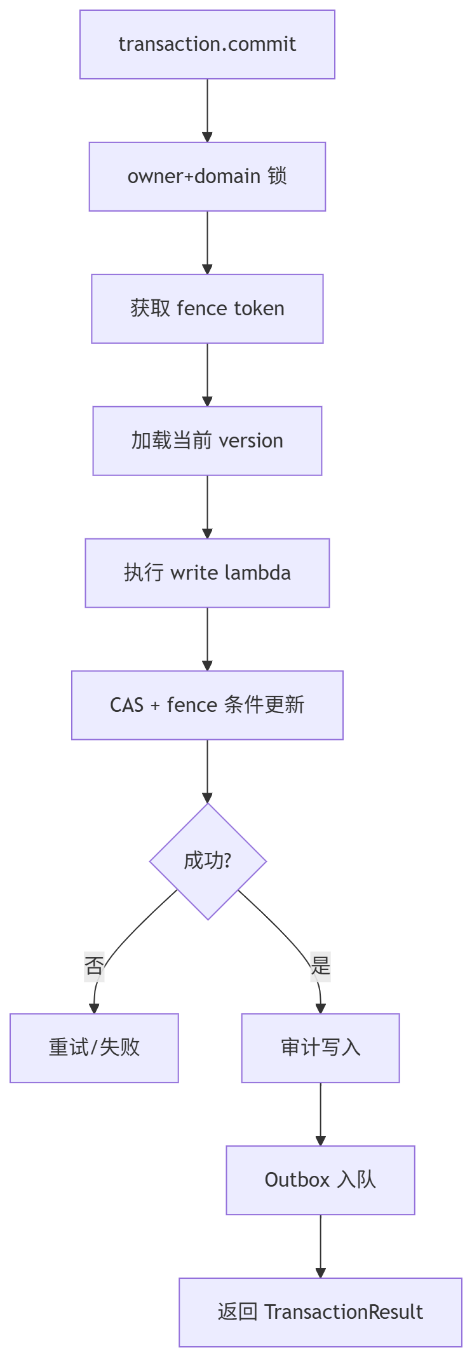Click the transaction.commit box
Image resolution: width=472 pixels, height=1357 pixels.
tap(207, 44)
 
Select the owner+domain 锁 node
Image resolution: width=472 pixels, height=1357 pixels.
tap(207, 177)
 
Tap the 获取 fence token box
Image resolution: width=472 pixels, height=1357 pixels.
tap(207, 309)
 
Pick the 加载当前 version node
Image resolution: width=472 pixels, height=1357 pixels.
tap(207, 441)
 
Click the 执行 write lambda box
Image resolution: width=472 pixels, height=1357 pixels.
tap(207, 573)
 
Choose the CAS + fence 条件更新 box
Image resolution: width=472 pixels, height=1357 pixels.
tap(207, 706)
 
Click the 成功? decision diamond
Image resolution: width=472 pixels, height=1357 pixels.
tap(208, 861)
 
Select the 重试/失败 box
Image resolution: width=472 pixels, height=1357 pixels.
tap(94, 1048)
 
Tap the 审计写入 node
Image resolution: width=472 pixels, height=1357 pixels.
tap(320, 1048)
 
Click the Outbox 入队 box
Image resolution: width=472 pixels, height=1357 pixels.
tap(320, 1180)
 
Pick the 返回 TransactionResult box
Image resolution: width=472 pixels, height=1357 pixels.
tap(320, 1313)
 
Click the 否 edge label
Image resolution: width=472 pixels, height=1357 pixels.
tap(94, 966)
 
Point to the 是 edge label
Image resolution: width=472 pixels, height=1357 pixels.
tap(320, 966)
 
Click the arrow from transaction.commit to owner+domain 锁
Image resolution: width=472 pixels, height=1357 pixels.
tap(207, 111)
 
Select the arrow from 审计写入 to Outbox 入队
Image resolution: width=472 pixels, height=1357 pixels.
tap(320, 1114)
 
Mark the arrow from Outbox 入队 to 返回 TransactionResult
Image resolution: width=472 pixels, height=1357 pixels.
tap(320, 1246)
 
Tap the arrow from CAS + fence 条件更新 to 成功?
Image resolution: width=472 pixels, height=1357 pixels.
tap(207, 771)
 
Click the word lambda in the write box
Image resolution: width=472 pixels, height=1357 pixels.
tap(257, 573)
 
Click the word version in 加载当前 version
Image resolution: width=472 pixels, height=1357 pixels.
tap(251, 441)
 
